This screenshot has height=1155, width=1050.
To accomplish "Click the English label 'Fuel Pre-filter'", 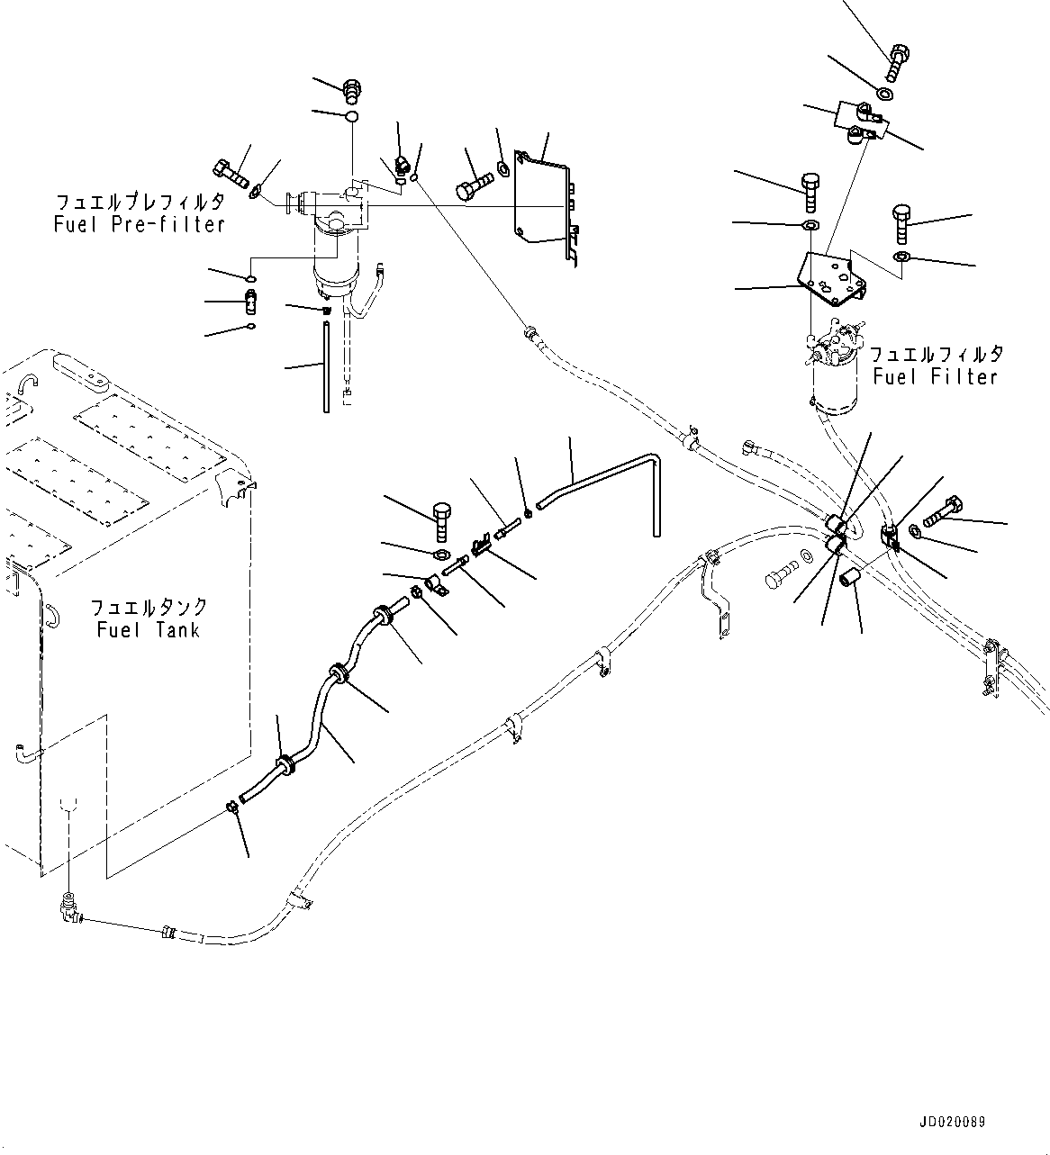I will pyautogui.click(x=139, y=224).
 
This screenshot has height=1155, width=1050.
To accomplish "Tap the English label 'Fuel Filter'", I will pyautogui.click(x=936, y=376).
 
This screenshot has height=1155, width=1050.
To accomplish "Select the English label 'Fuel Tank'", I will pyautogui.click(x=149, y=629).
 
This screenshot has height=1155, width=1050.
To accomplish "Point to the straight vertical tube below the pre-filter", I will pyautogui.click(x=326, y=369).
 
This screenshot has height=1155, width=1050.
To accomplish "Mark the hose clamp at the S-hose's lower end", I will pyautogui.click(x=232, y=807).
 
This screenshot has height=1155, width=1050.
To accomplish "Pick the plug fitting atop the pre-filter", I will pyautogui.click(x=352, y=90).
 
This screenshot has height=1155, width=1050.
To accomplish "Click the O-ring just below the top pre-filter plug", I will pyautogui.click(x=352, y=117).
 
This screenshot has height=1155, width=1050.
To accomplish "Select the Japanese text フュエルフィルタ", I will pyautogui.click(x=936, y=355).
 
